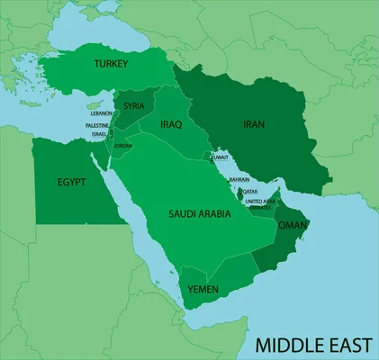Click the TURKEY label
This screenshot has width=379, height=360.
tap(115, 64)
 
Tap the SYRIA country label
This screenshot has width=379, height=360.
tap(134, 105)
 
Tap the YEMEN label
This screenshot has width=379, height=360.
tap(203, 290)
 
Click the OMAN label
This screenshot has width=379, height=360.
tap(293, 225)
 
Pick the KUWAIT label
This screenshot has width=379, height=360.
tap(219, 157)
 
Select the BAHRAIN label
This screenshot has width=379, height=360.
tap(239, 179)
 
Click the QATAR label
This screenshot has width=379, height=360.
tap(249, 191)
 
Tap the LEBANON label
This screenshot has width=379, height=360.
tap(100, 113)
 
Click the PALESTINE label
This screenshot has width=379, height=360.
tap(97, 125)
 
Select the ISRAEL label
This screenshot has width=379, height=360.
tap(99, 134)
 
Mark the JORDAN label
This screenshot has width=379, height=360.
tap(122, 146)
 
